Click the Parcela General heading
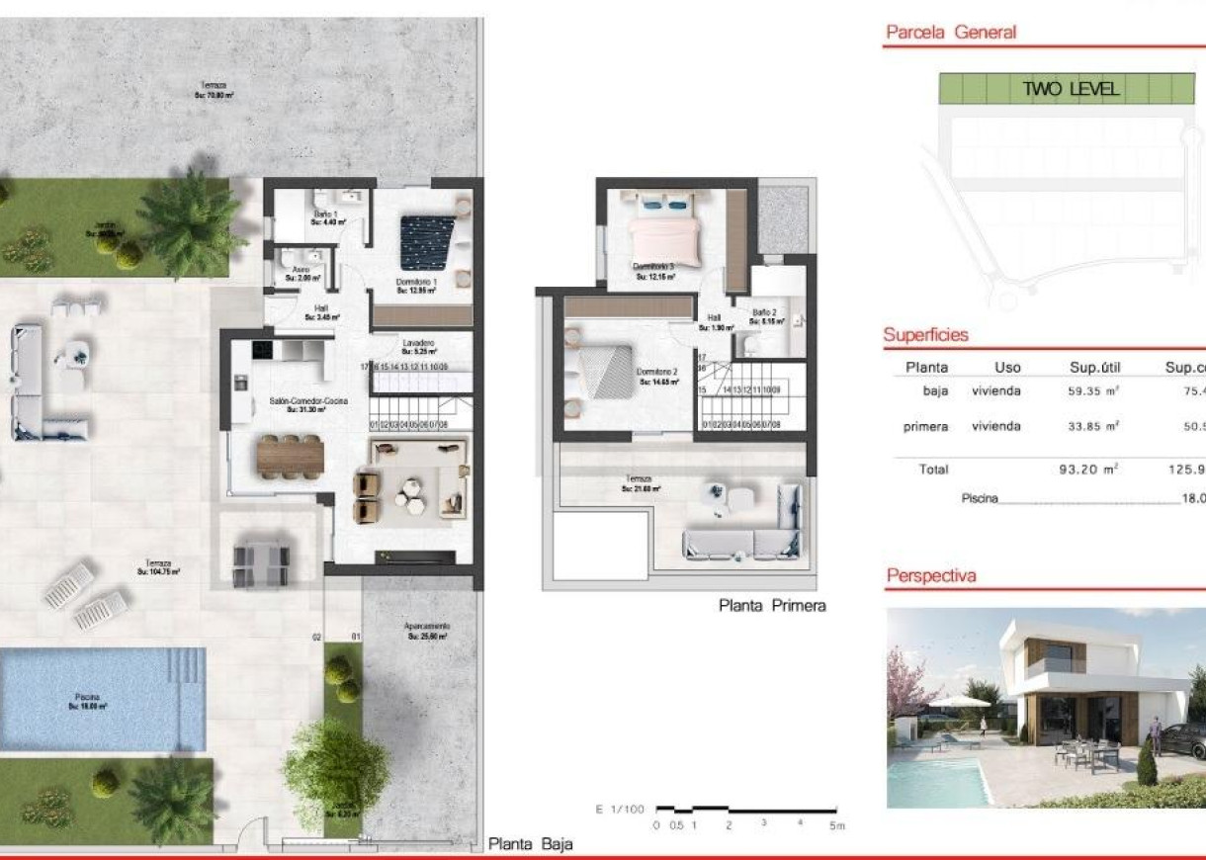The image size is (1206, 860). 950,33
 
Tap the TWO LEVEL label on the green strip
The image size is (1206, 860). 1071,89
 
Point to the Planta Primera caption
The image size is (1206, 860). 771,606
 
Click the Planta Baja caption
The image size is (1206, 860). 530,844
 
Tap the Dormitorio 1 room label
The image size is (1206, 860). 417,286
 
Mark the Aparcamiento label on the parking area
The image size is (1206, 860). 427,628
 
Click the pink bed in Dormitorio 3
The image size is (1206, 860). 664,238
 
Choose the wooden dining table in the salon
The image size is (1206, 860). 290,455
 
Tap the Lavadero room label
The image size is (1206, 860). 417,345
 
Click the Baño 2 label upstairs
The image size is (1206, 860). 764,314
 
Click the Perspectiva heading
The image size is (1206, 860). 931,575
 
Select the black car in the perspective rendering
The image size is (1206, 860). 1182,740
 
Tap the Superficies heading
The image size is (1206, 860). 925,335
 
